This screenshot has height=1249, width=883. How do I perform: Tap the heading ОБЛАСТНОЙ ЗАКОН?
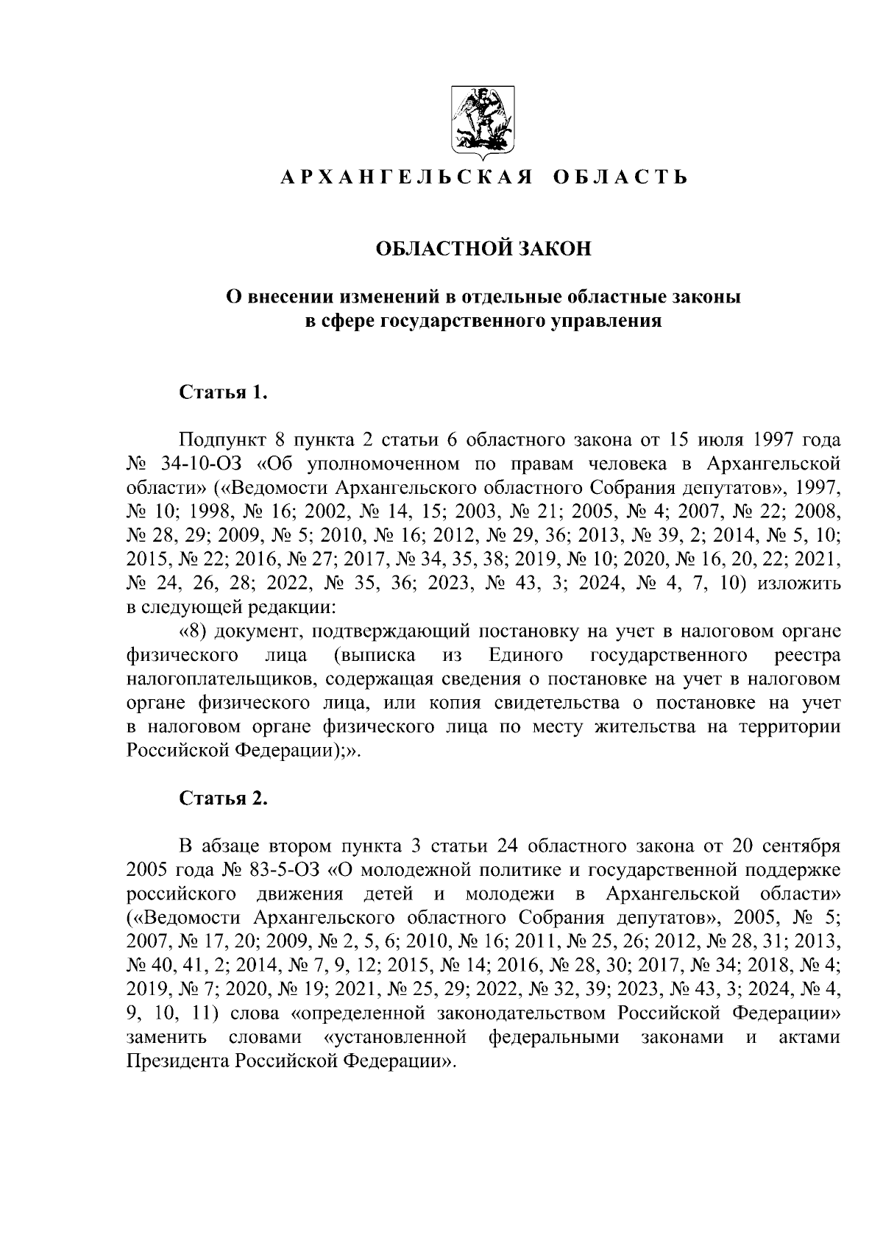(483, 249)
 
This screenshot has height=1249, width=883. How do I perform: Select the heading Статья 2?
(222, 799)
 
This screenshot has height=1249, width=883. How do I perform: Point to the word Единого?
(525, 655)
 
